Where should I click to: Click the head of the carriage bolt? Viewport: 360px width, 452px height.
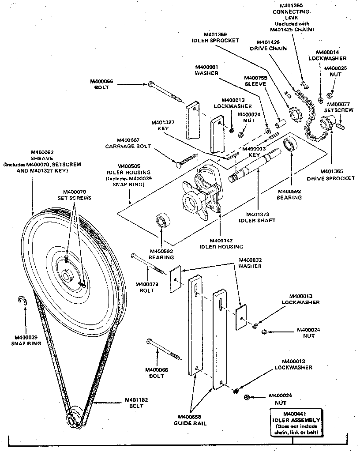[178, 165]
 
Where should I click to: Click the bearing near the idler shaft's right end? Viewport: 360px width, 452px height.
[291, 144]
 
